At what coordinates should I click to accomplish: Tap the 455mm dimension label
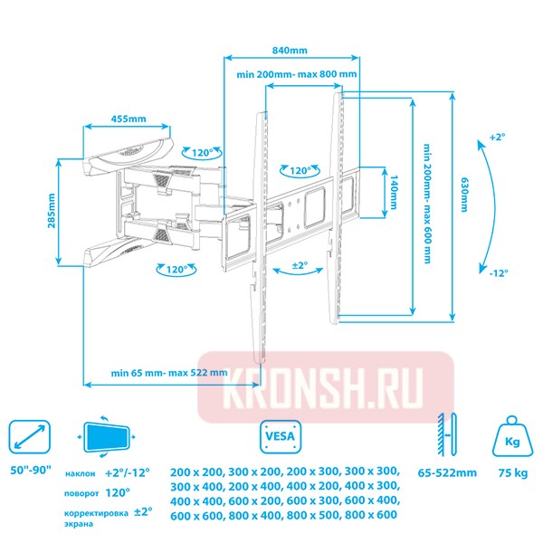click(128, 119)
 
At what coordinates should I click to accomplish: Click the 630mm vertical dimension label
click(464, 194)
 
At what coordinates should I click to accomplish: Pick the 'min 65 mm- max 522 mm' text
click(169, 373)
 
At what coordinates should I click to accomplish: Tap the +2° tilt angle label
click(496, 137)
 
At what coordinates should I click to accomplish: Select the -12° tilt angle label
click(496, 273)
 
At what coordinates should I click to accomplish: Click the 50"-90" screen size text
click(32, 472)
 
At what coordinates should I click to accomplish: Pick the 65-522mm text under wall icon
click(448, 472)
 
